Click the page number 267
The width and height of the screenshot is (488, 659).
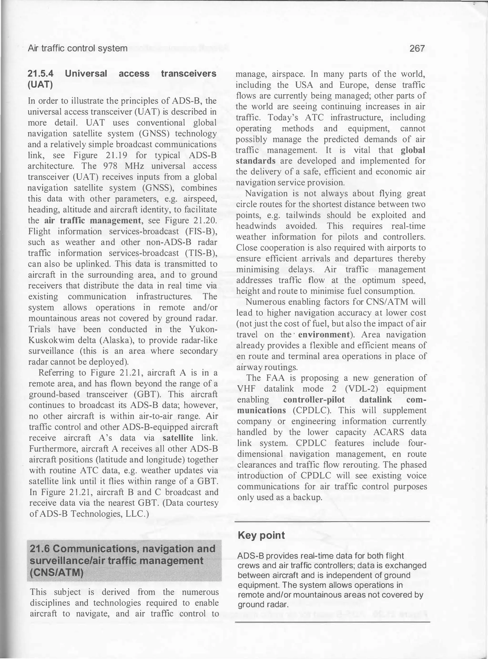pyautogui.click(x=417, y=48)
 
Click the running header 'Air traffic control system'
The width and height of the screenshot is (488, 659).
pyautogui.click(x=77, y=48)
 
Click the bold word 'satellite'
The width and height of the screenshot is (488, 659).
pyautogui.click(x=178, y=438)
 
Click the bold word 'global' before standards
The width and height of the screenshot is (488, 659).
pyautogui.click(x=413, y=150)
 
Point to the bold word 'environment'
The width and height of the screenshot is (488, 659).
pyautogui.click(x=324, y=335)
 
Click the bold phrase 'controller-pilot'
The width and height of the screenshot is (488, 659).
pyautogui.click(x=314, y=400)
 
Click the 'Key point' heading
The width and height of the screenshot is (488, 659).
pyautogui.click(x=261, y=535)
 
